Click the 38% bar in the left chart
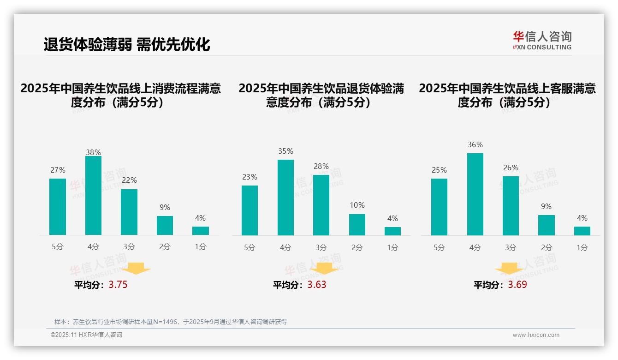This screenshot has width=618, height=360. pos(93,196)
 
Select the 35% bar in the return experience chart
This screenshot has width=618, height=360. pos(285,198)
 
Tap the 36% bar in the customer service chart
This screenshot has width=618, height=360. pos(475,194)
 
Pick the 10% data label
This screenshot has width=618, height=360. pos(357,205)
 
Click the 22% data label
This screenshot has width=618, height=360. pos(129,180)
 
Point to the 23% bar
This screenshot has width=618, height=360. pos(250,210)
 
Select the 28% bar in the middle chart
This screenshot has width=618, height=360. pos(321,205)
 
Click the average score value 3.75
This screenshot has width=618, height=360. pos(118,285)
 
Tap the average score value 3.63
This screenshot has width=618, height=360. pos(317,285)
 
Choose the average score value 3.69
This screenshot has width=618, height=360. pos(517,285)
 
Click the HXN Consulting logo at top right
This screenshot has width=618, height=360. pos(542,41)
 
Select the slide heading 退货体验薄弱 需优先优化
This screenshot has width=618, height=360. pos(127,44)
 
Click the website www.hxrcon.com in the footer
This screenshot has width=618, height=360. pos(536,335)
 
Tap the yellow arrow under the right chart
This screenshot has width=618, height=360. pos(509,269)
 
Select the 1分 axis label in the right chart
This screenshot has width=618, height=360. pos(582,247)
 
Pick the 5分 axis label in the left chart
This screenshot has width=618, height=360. pos(58,247)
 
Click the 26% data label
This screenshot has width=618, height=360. pos(511,168)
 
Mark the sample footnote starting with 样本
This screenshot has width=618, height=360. pos(171,322)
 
